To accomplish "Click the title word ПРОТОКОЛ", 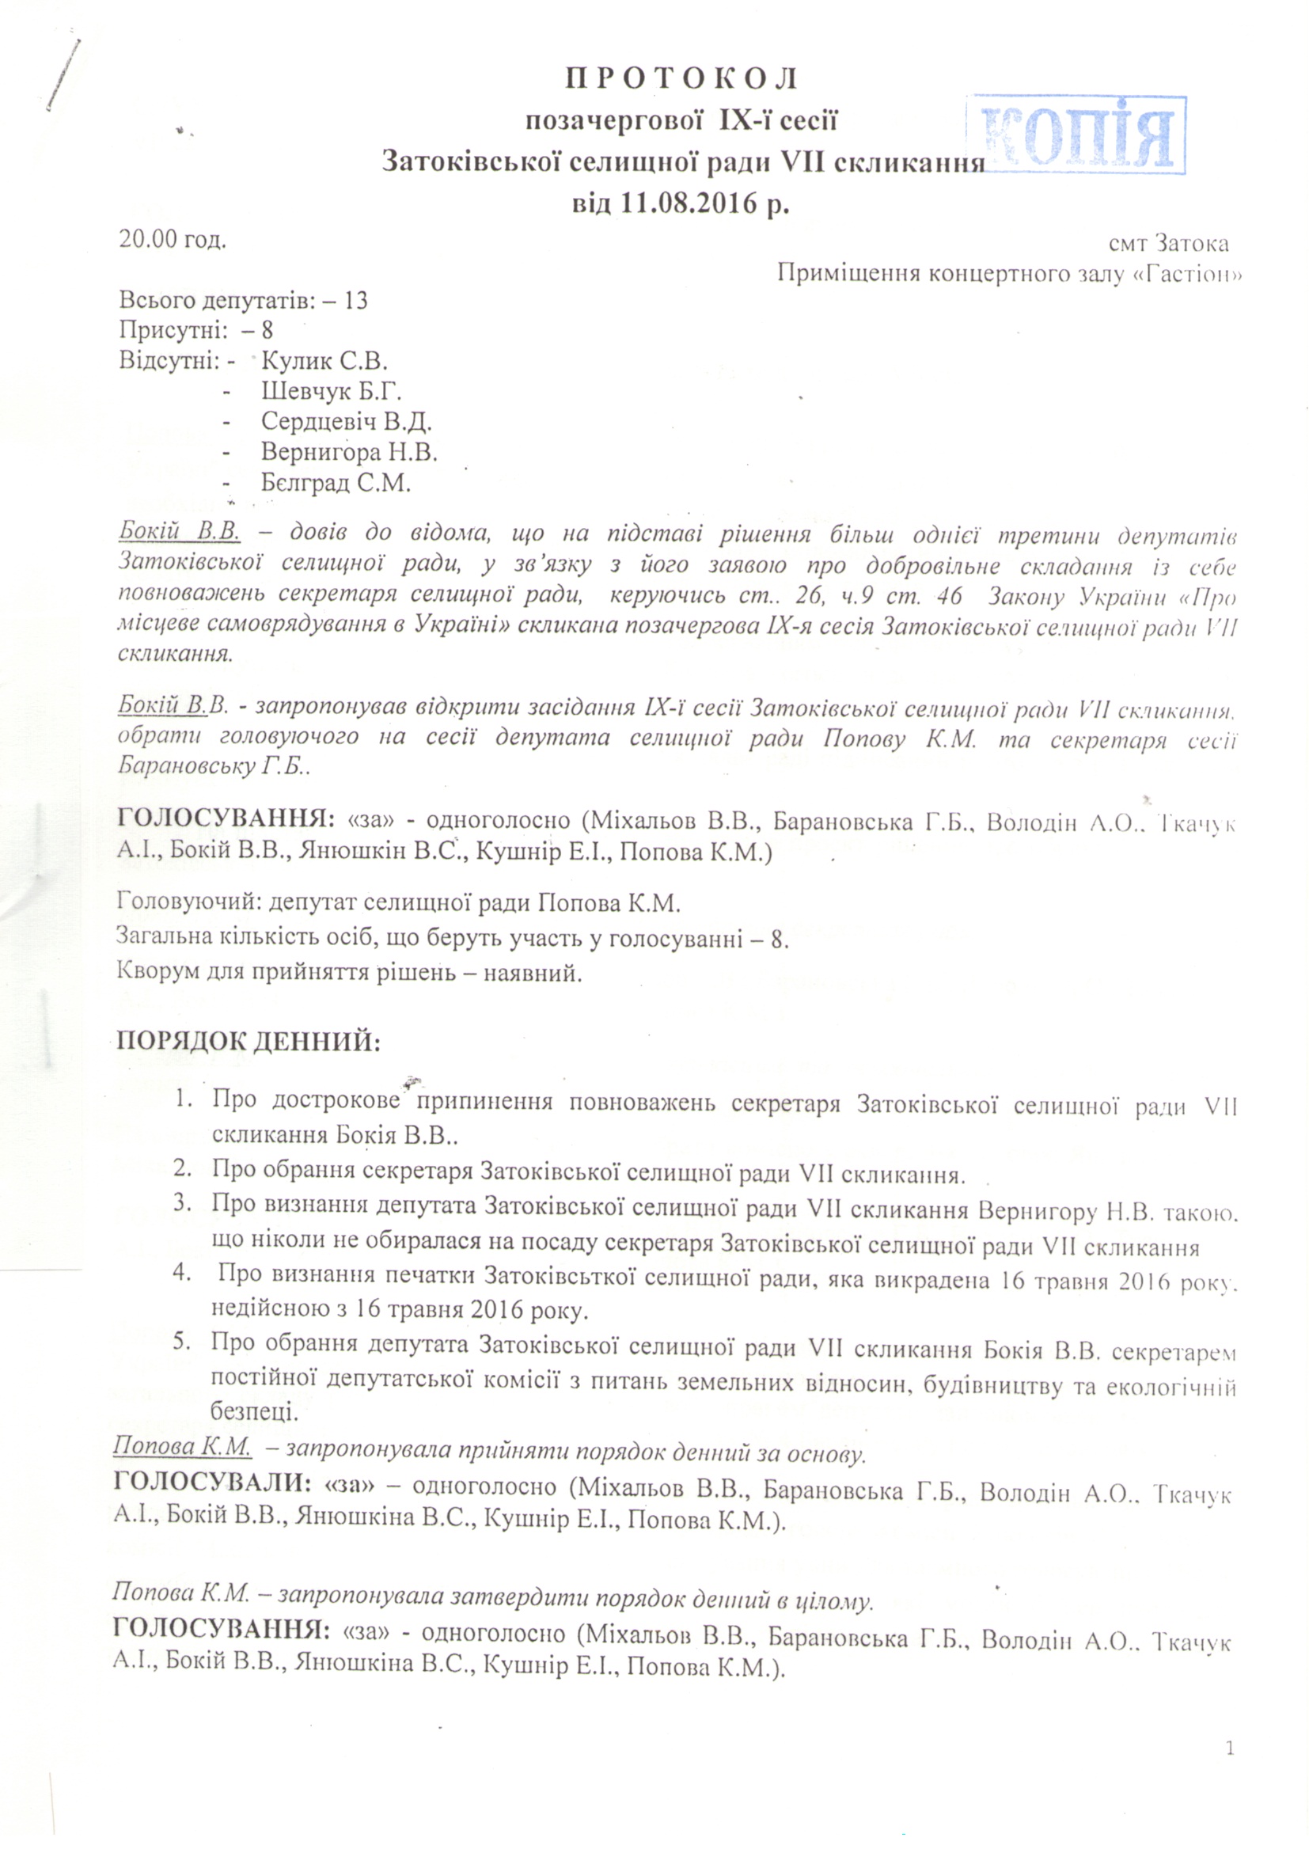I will (681, 79).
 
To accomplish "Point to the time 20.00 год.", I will (172, 240).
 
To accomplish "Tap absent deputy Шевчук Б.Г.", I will (331, 391).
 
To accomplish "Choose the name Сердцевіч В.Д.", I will (347, 422).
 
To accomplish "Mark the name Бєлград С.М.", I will (336, 483).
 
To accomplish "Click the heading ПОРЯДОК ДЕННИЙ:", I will (249, 1042).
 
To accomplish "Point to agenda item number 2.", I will (182, 1168).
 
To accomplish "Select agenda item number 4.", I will (182, 1274).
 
